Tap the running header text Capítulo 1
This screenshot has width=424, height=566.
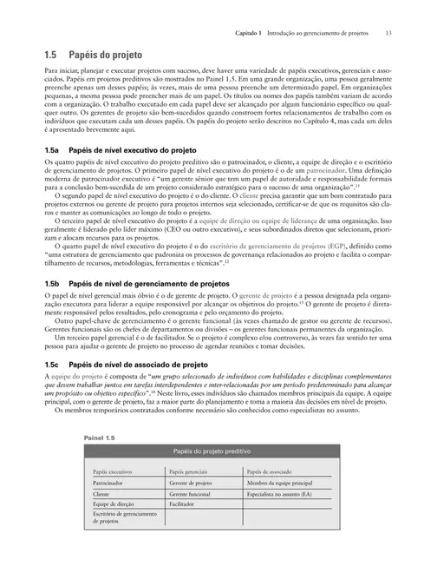tap(251, 32)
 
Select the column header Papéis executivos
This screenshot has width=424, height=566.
tap(114, 471)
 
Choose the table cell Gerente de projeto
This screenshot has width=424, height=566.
tap(191, 482)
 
